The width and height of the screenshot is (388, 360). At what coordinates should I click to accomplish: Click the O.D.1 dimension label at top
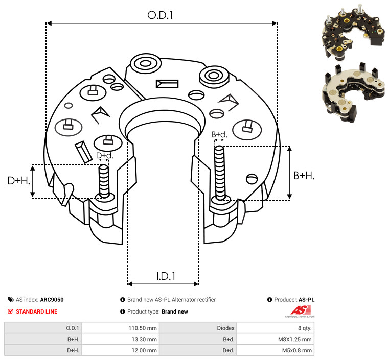click(161, 15)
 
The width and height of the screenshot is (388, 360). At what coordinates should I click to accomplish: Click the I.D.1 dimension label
click(166, 276)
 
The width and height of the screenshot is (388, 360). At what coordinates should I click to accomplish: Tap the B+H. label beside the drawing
click(304, 176)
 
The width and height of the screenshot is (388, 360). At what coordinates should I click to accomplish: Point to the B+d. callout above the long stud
click(219, 135)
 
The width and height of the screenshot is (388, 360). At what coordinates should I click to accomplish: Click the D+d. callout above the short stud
click(104, 156)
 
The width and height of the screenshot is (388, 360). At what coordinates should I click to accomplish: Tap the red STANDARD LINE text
click(36, 311)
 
